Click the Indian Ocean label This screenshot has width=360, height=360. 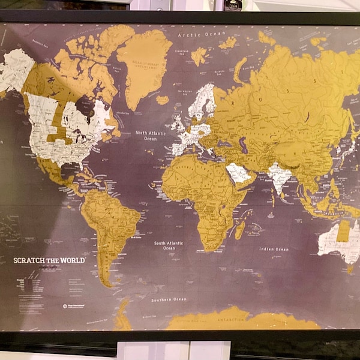tap(274, 249)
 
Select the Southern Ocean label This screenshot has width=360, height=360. tap(169, 299)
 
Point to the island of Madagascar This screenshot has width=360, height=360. tap(240, 229)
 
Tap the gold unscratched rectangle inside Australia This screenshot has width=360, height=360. tap(343, 230)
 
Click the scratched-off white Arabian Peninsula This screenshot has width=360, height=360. tap(239, 173)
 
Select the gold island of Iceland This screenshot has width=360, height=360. tap(163, 100)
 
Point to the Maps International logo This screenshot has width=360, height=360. tap(65, 306)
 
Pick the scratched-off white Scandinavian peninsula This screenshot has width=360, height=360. tap(202, 102)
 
